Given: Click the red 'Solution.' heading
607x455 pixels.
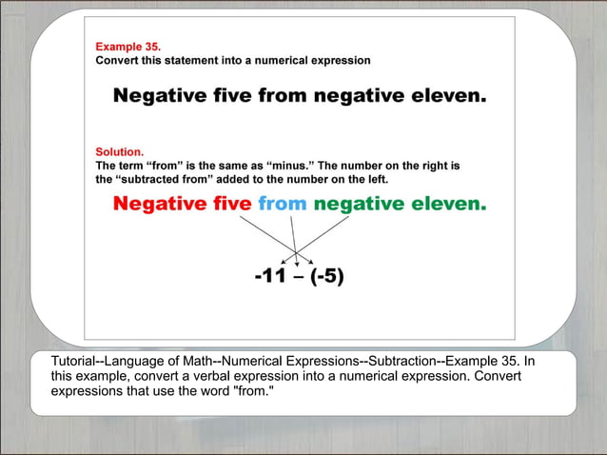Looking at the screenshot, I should point(120,151).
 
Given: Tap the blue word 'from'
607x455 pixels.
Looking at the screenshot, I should point(282,204).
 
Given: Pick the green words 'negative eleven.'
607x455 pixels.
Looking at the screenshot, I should point(400,204).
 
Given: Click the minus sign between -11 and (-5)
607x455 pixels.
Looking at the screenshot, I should point(300,277).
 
